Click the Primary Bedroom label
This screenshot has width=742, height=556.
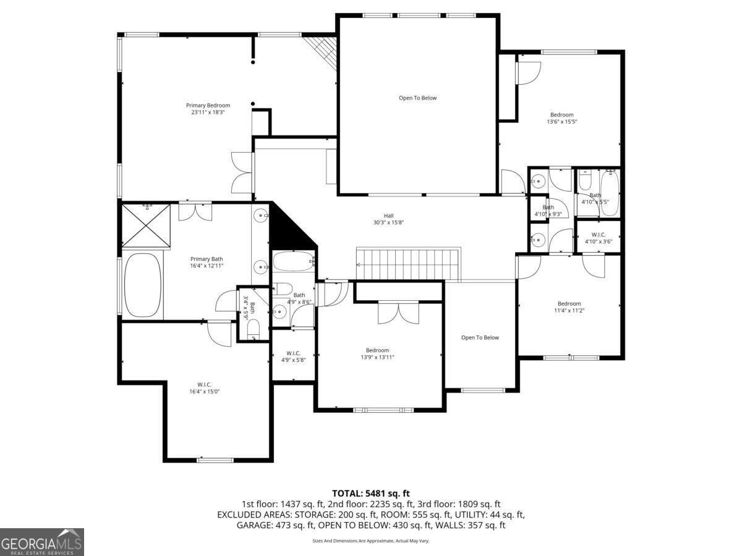pyautogui.click(x=208, y=105)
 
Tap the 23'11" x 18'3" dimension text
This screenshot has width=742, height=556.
pyautogui.click(x=208, y=112)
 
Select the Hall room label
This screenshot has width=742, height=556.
pyautogui.click(x=388, y=216)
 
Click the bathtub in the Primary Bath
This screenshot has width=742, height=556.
pyautogui.click(x=142, y=285)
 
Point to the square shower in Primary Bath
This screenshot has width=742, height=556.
pyautogui.click(x=147, y=226)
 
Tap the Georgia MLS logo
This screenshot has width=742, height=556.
pyautogui.click(x=41, y=542)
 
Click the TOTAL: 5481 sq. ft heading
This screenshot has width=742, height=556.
pyautogui.click(x=371, y=493)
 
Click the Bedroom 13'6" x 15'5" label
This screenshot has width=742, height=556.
pyautogui.click(x=561, y=118)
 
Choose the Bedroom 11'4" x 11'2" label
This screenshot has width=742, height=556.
pyautogui.click(x=569, y=306)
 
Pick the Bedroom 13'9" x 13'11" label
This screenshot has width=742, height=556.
pyautogui.click(x=377, y=353)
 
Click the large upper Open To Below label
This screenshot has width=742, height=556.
pyautogui.click(x=417, y=98)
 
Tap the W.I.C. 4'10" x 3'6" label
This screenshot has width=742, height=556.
pyautogui.click(x=598, y=238)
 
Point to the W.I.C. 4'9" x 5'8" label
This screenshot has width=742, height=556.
pyautogui.click(x=293, y=356)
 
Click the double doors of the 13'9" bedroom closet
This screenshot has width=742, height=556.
pyautogui.click(x=398, y=313)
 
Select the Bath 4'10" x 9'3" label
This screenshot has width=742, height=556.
pyautogui.click(x=548, y=211)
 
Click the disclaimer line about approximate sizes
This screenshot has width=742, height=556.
pyautogui.click(x=370, y=541)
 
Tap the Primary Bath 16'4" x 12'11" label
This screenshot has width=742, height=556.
pyautogui.click(x=207, y=262)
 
